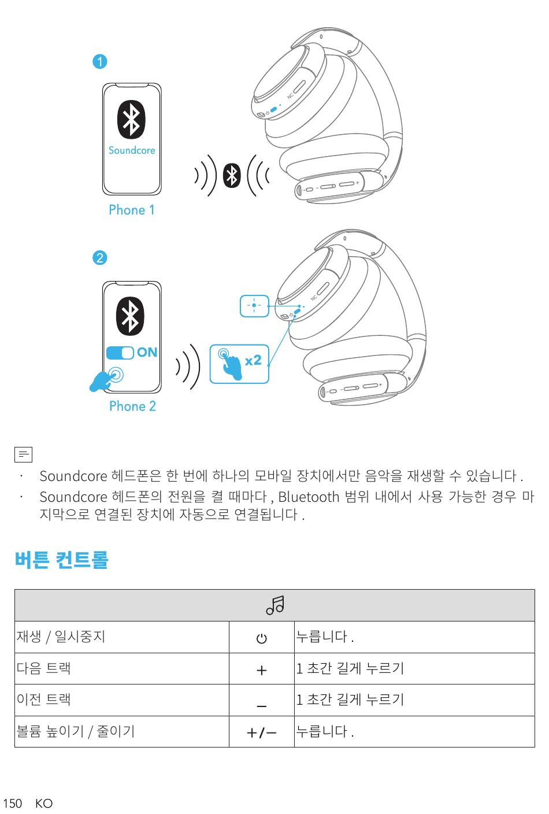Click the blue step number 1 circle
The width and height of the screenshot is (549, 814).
point(100,61)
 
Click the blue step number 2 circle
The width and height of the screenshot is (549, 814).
point(100,257)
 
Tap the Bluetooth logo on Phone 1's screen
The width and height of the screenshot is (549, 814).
point(132,120)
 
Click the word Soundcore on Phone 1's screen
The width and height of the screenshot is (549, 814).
point(132,150)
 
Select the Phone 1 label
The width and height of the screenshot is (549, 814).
point(132,210)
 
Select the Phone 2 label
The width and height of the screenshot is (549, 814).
point(132,406)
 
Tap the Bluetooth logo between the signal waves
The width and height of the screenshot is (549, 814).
point(232,175)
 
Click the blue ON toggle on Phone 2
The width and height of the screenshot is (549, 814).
point(120,352)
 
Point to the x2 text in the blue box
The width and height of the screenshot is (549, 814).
point(253,361)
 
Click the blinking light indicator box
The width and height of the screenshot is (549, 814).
point(254,305)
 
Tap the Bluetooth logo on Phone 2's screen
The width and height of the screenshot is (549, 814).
point(132,316)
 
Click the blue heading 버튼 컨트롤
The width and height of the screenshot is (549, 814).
point(61,560)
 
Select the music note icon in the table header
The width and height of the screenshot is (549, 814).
point(274,605)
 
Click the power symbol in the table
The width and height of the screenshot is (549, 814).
point(262,638)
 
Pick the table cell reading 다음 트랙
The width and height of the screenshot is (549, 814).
point(44,668)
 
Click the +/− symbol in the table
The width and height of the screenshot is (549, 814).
point(261,732)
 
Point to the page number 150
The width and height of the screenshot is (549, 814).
point(12,804)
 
